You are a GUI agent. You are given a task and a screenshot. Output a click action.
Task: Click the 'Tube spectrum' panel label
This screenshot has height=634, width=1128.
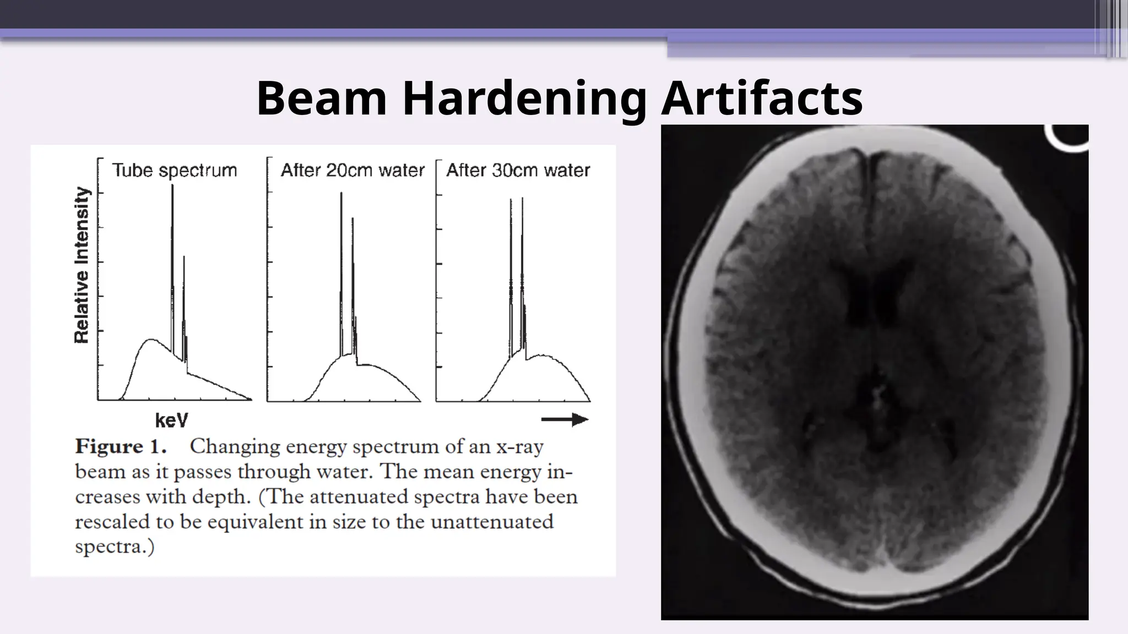coord(175,171)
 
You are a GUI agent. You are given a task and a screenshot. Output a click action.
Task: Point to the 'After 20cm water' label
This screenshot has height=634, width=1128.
coord(352,171)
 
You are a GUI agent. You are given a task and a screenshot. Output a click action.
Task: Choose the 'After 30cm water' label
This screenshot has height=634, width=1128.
coord(518,171)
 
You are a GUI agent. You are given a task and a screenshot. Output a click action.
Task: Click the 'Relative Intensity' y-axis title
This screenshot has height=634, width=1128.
coord(82,265)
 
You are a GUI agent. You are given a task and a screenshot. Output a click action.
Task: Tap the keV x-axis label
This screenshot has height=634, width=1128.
coord(171,420)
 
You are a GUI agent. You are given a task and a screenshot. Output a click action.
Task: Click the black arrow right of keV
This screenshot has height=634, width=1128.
coord(565,420)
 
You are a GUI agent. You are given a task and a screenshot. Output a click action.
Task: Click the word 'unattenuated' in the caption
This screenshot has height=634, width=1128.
coord(492,522)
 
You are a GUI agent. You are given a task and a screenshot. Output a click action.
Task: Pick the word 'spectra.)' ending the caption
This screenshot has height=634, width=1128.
coord(115,547)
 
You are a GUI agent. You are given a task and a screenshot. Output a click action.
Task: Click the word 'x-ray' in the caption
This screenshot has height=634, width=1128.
coord(520,446)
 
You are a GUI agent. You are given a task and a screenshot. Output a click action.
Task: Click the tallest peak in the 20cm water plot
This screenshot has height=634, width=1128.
coord(341,194)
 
